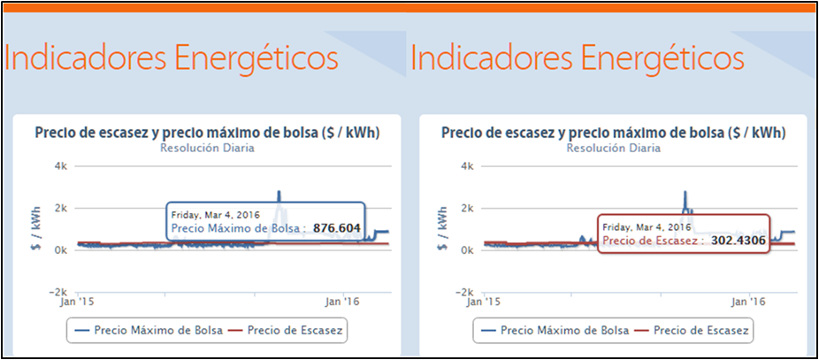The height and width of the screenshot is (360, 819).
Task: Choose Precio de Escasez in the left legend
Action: click(296, 330)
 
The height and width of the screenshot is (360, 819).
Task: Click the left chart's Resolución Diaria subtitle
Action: click(207, 148)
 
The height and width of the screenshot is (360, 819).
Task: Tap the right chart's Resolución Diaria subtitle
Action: click(613, 148)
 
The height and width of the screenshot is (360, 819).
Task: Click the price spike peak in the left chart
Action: click(279, 191)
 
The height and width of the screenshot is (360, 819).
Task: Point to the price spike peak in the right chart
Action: click(685, 191)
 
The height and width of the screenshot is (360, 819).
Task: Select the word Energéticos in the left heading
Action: click(256, 58)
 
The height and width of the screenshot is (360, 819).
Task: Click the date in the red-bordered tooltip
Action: click(641, 226)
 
